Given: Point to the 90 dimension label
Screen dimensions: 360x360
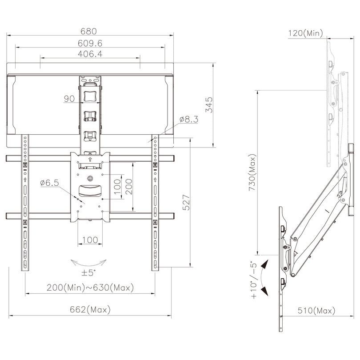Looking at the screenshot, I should (69, 99).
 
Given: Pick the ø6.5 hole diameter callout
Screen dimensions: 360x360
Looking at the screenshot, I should (50, 183).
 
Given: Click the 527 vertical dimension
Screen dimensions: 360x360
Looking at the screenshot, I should (187, 203).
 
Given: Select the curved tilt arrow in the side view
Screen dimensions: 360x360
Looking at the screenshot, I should (265, 278).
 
